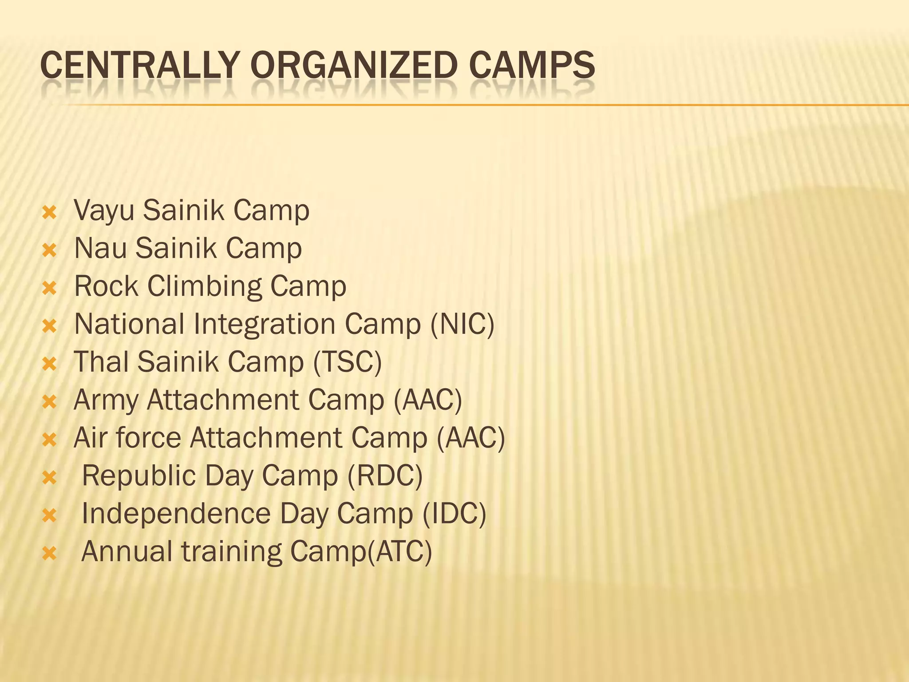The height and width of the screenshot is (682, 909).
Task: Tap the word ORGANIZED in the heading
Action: (354, 65)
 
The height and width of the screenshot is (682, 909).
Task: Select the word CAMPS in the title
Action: (531, 65)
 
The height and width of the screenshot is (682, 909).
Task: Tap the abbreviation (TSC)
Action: (347, 362)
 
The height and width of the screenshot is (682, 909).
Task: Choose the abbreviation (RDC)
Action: (385, 476)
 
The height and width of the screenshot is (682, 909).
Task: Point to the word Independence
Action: (176, 514)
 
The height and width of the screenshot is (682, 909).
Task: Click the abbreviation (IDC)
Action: (454, 514)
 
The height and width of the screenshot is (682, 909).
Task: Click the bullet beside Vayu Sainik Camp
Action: (49, 213)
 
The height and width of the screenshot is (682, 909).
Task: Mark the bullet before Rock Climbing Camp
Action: (49, 289)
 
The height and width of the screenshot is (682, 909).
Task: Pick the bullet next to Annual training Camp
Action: (49, 554)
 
